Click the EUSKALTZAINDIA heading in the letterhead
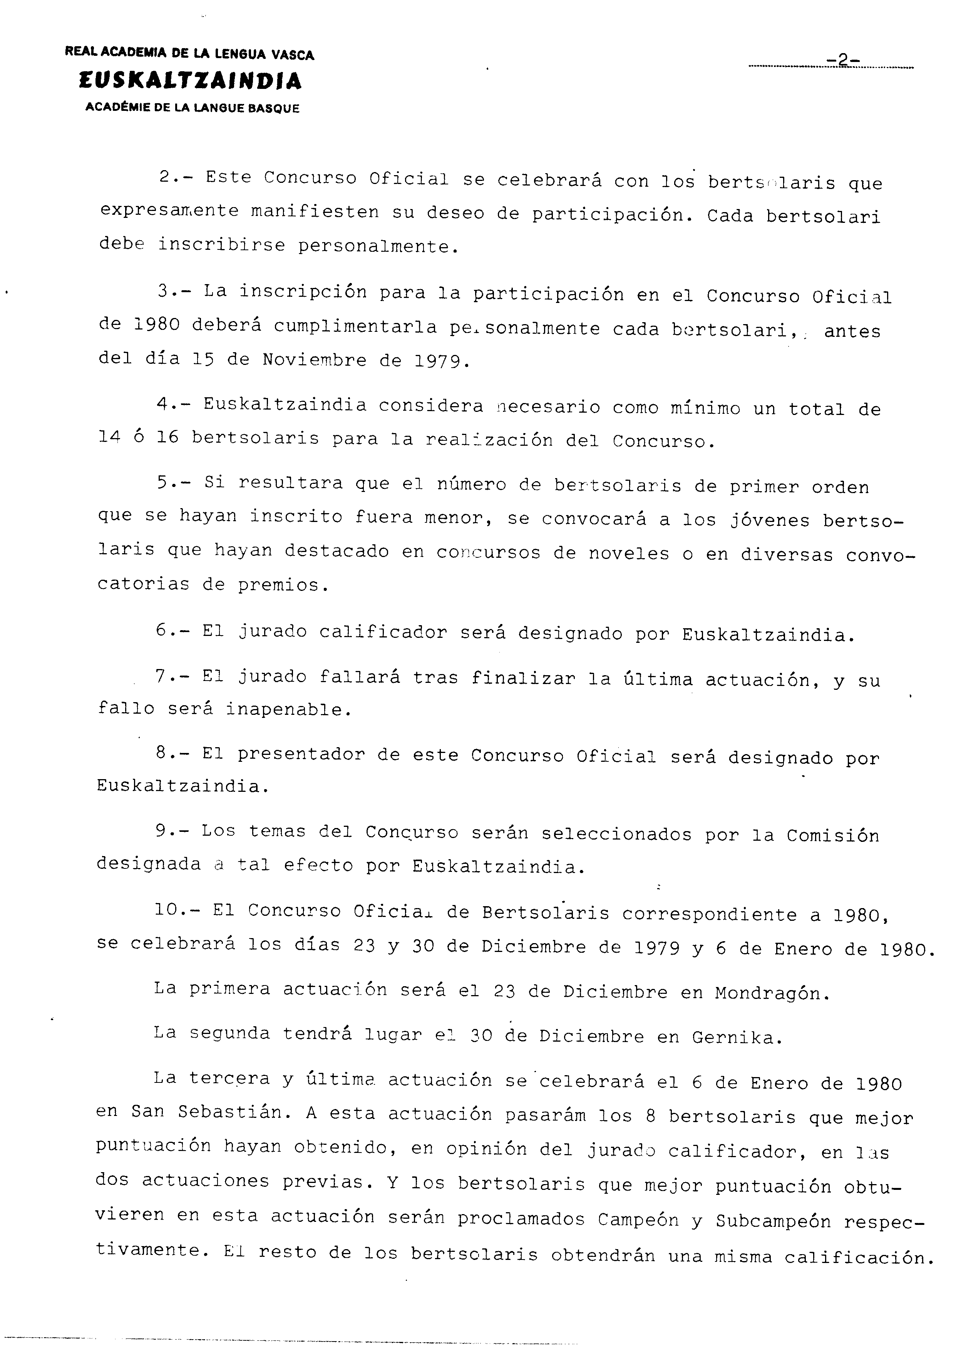189,82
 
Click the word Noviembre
314,360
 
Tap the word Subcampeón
773,1222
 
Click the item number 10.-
177,910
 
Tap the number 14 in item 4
109,438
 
